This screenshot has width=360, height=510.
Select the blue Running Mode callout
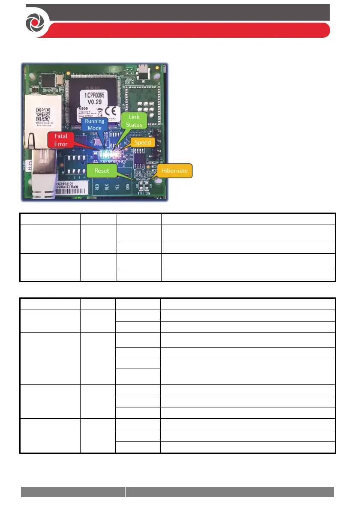pyautogui.click(x=94, y=124)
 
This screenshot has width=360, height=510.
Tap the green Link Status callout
pyautogui.click(x=133, y=120)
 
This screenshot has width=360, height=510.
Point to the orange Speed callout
pyautogui.click(x=143, y=142)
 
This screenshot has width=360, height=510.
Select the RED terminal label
pyautogui.click(x=97, y=187)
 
